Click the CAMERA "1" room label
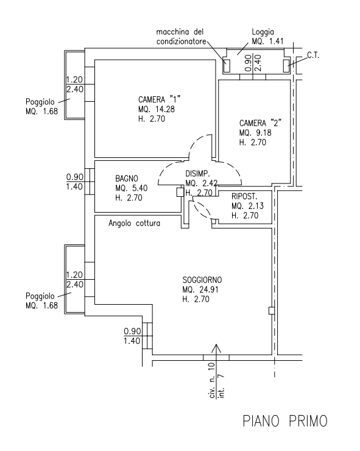click(x=160, y=100)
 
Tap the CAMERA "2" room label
click(x=260, y=123)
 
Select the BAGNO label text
click(x=127, y=179)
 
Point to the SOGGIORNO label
click(x=202, y=280)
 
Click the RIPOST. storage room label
click(x=244, y=196)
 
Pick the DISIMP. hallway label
click(x=198, y=174)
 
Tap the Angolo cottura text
click(x=134, y=223)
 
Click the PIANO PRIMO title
click(x=285, y=421)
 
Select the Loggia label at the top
click(x=263, y=32)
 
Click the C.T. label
click(x=313, y=55)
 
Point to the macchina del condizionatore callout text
click(x=181, y=37)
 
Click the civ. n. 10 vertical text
click(x=212, y=380)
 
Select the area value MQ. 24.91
click(x=200, y=289)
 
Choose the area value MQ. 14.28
click(x=157, y=109)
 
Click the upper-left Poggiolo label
click(x=40, y=102)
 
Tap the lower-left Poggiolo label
click(x=40, y=296)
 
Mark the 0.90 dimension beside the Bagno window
click(x=74, y=177)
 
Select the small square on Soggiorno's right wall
click(x=272, y=311)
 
